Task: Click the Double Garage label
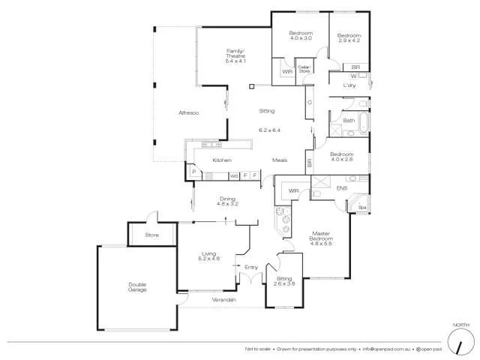tap(137, 286)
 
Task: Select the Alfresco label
tap(187, 112)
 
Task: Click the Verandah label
tap(223, 300)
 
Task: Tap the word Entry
tap(250, 266)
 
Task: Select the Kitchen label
tap(221, 160)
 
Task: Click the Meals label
tap(280, 160)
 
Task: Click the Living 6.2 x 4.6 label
tap(209, 256)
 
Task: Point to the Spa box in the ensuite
tap(361, 208)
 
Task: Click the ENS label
tap(342, 188)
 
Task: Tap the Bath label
tap(349, 121)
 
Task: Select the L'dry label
tap(349, 85)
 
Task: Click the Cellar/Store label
tap(304, 70)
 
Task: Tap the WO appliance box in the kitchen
tap(234, 175)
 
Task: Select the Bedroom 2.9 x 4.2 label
tap(349, 37)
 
